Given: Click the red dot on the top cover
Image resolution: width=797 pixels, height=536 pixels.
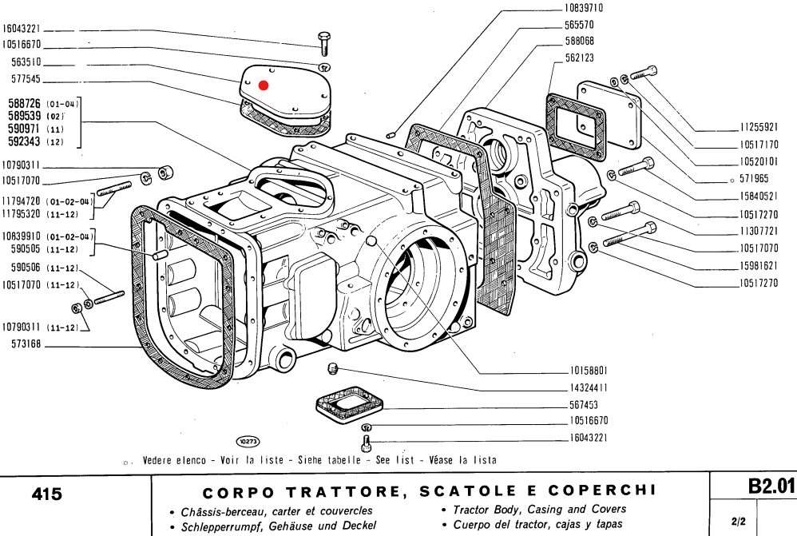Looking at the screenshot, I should (x=264, y=85).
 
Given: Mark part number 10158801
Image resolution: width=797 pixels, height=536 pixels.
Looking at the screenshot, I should (x=589, y=371).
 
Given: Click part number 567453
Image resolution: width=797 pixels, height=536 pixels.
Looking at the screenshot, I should (x=585, y=404).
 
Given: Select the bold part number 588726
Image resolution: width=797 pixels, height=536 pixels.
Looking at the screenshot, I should (x=24, y=104).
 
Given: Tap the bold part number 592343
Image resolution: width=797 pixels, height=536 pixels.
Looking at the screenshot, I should (x=24, y=142).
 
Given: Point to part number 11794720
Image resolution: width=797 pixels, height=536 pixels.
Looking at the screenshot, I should (x=22, y=201).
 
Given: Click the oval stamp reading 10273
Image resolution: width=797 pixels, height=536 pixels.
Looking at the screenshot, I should (x=248, y=440).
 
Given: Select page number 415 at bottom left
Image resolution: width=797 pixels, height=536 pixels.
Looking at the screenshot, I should (x=47, y=495).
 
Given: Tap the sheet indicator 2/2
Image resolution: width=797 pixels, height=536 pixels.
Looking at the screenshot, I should (x=738, y=522).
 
